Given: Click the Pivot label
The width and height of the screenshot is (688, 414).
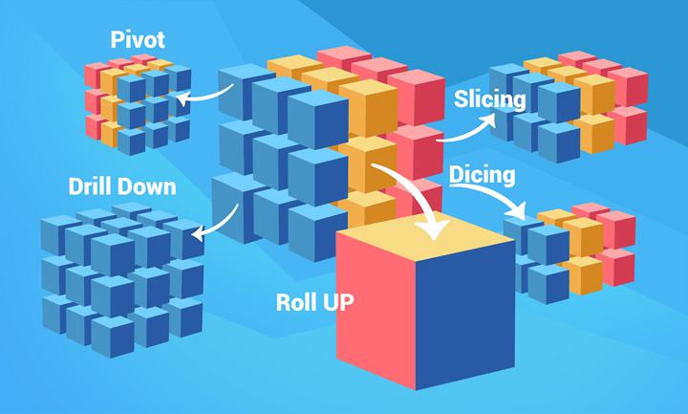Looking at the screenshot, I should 138,41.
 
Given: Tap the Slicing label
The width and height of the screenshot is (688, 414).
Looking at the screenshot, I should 489,99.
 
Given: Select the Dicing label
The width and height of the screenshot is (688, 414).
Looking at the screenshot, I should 483,175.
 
